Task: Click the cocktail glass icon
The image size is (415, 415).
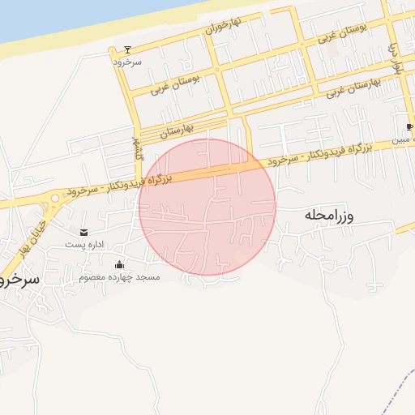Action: [x=127, y=49]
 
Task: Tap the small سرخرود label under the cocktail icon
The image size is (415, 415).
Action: [x=127, y=61]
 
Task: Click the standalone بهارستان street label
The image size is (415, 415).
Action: [x=178, y=127]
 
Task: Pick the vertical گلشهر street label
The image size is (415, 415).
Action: [x=136, y=147]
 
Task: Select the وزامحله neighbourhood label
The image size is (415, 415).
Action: [x=332, y=216]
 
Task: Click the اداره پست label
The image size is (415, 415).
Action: [x=85, y=243]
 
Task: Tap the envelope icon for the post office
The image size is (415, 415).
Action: [x=85, y=232]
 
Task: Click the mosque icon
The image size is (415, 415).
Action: [x=119, y=265]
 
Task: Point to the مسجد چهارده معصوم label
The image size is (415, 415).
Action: [x=119, y=277]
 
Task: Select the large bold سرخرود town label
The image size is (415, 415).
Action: [x=21, y=278]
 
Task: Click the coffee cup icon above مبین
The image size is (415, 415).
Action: [x=409, y=127]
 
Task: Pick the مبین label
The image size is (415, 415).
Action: [x=403, y=140]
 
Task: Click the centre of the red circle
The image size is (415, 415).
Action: [x=207, y=207]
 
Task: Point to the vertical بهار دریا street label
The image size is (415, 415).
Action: [x=396, y=57]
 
